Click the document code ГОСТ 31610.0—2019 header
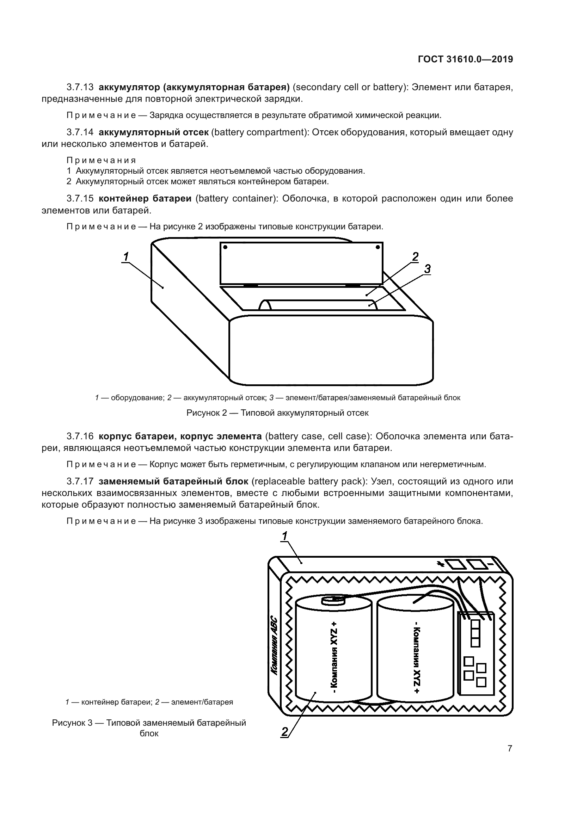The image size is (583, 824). coord(465,60)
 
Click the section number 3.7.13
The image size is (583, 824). coord(80,87)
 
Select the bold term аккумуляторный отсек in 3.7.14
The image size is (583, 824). coord(154,132)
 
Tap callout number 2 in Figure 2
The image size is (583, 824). coord(415,256)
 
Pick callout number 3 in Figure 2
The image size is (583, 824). coord(427,269)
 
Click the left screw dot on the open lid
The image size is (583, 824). coord(226,247)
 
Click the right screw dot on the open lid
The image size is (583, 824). coord(378,247)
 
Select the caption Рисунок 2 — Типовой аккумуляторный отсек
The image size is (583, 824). coord(277,413)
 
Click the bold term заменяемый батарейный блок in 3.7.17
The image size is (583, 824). coord(173,481)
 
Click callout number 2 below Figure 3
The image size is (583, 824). coord(285,732)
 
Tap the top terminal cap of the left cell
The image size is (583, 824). coord(333,600)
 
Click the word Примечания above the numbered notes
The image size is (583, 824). coord(101,160)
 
